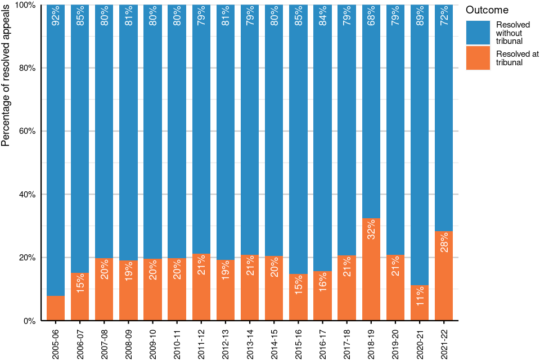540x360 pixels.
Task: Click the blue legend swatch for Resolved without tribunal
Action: point(479,33)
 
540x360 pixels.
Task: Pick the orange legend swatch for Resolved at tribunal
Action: point(479,58)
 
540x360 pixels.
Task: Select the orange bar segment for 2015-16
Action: point(298,298)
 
